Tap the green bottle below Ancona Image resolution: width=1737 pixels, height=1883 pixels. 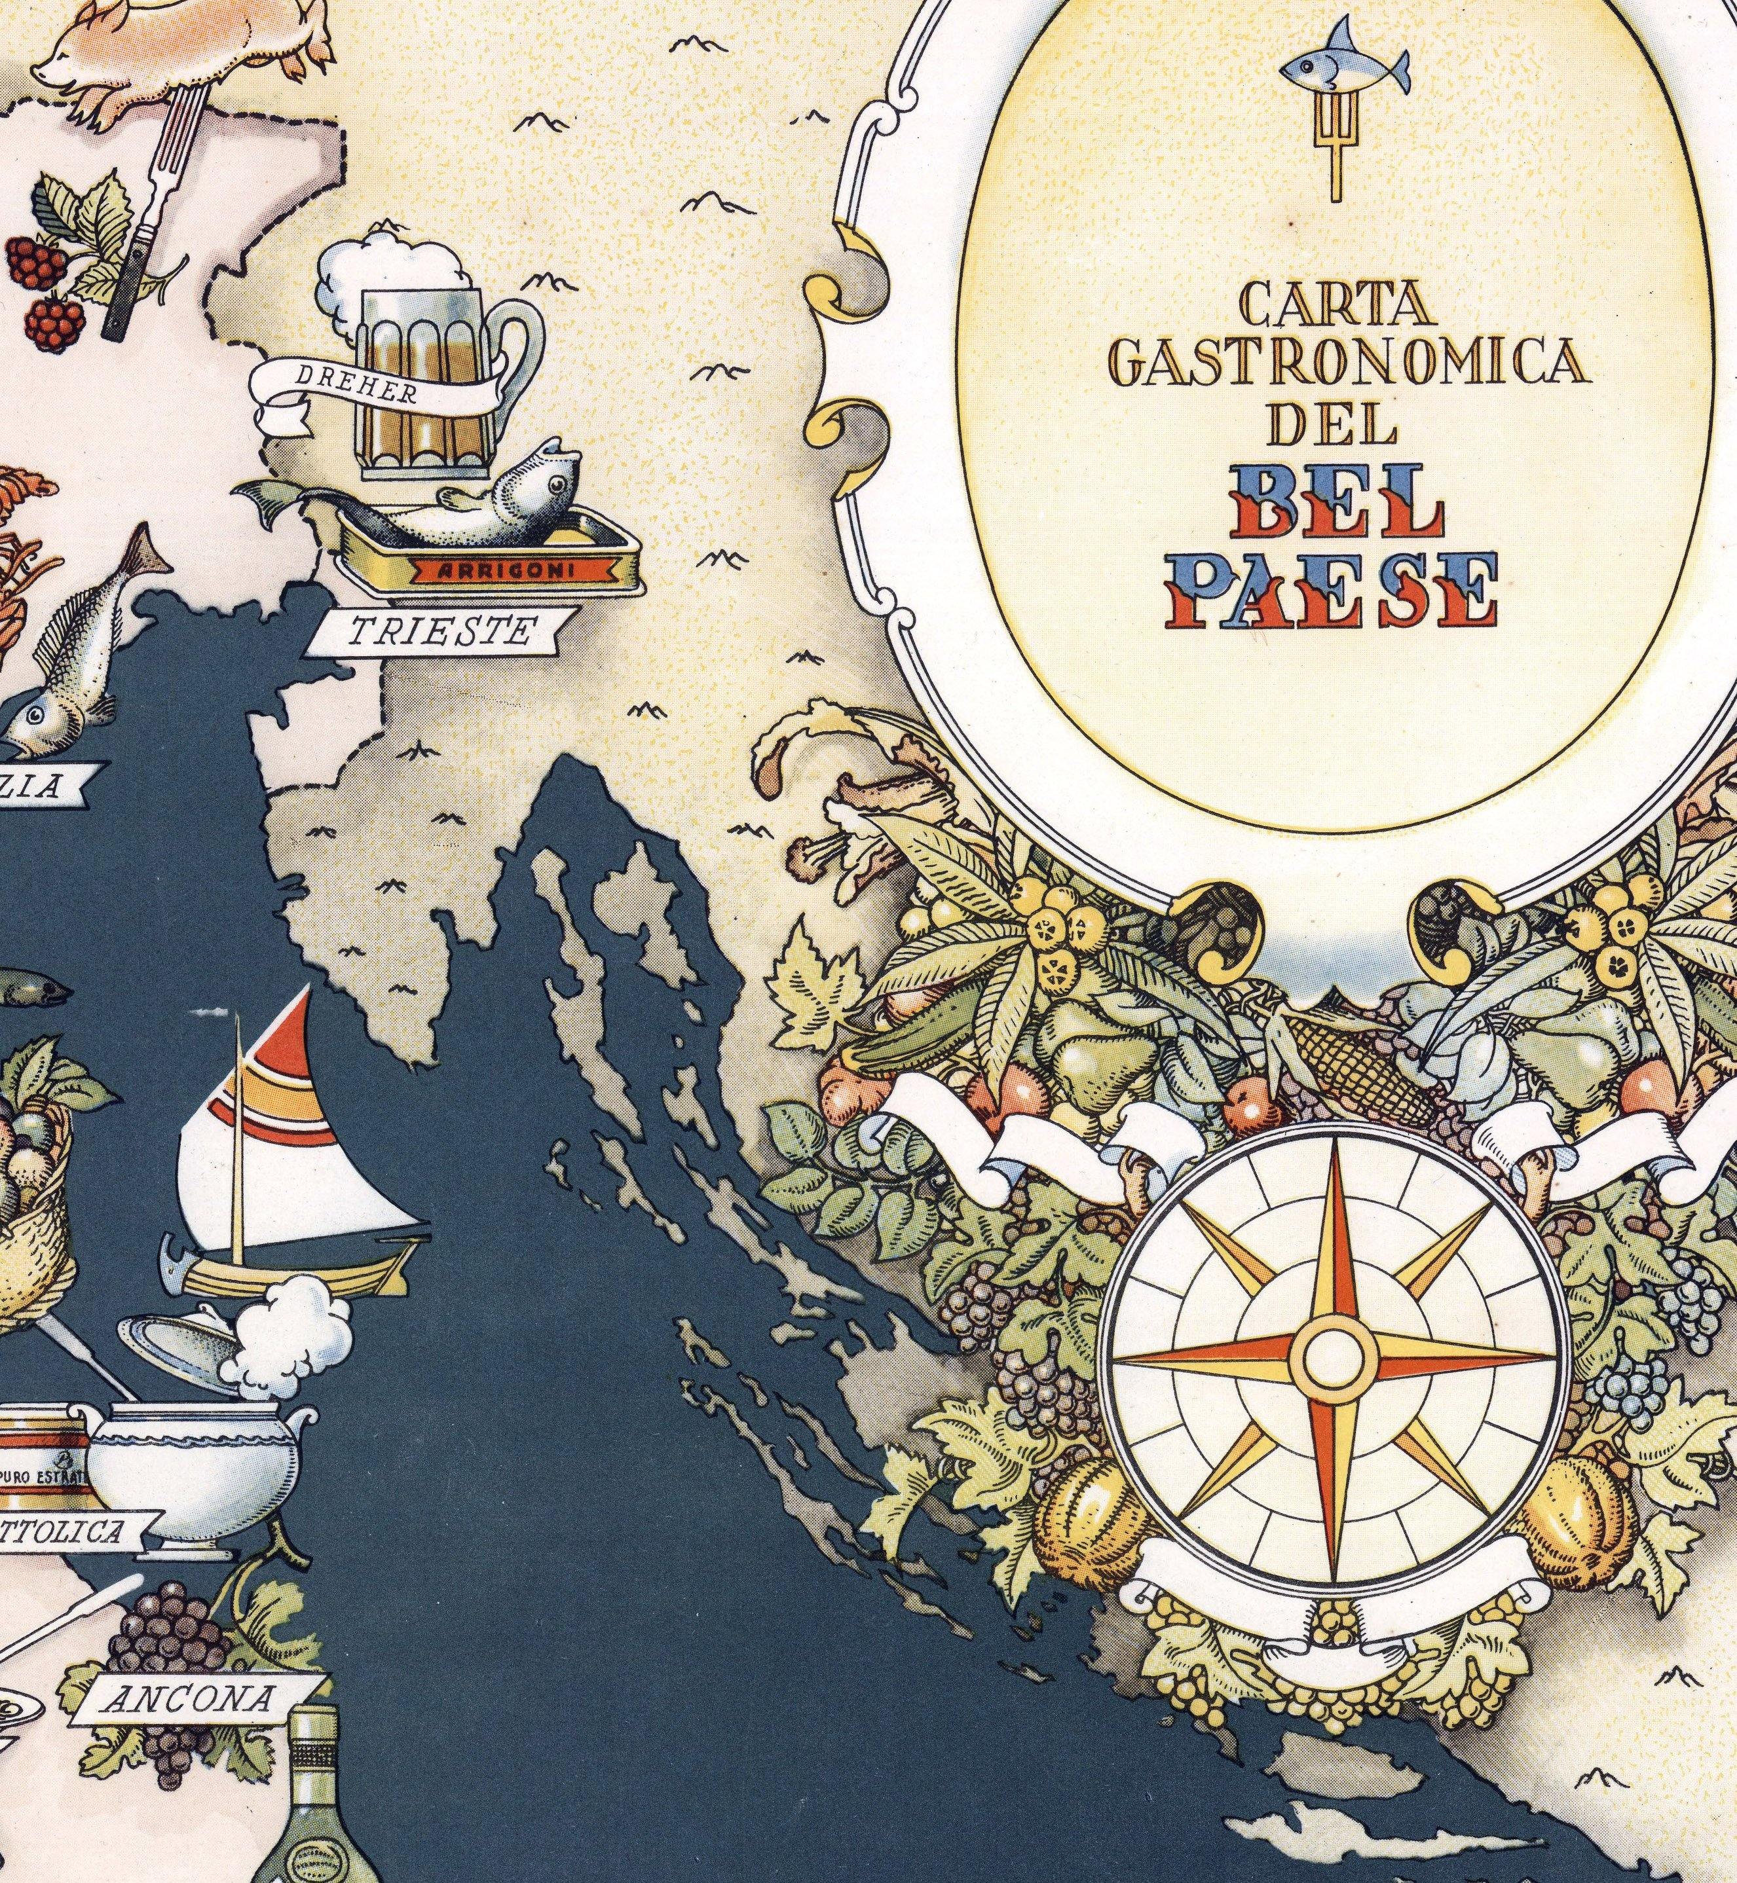click(x=324, y=1795)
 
